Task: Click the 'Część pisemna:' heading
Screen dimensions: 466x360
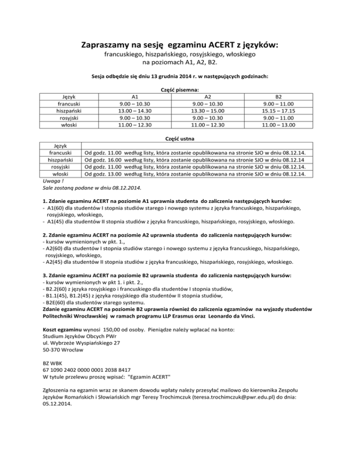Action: coord(180,89)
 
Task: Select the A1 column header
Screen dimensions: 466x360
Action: coord(135,97)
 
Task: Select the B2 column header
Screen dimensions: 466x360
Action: coord(279,97)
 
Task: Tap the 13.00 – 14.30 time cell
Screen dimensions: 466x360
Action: coord(135,111)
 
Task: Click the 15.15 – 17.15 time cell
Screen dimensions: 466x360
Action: coord(279,111)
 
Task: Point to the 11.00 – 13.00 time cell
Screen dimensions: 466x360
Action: coord(279,125)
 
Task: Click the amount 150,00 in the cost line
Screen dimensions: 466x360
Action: coord(122,330)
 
